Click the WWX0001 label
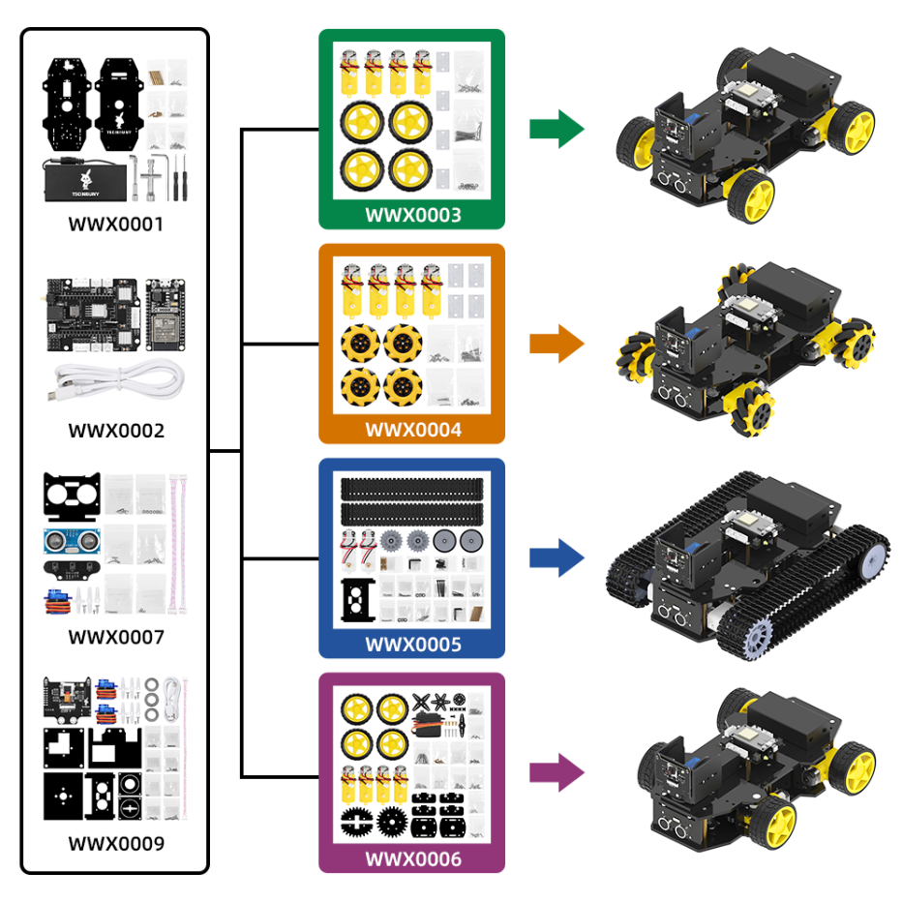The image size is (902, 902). tap(116, 225)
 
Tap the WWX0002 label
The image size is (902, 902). tap(116, 431)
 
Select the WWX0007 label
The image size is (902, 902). tap(116, 637)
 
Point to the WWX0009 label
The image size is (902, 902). tap(116, 843)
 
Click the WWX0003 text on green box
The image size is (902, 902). tap(412, 215)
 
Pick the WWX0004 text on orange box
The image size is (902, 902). tap(412, 430)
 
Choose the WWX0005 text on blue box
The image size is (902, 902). tap(412, 645)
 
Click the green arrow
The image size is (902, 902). tap(556, 129)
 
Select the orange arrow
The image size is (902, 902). tap(556, 344)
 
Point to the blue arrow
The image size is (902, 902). tap(556, 558)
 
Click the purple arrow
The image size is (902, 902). tap(556, 773)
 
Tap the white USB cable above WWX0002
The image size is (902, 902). tap(116, 379)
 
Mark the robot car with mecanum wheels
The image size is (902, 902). tap(745, 344)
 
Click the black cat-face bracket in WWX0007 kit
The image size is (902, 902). tap(73, 496)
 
